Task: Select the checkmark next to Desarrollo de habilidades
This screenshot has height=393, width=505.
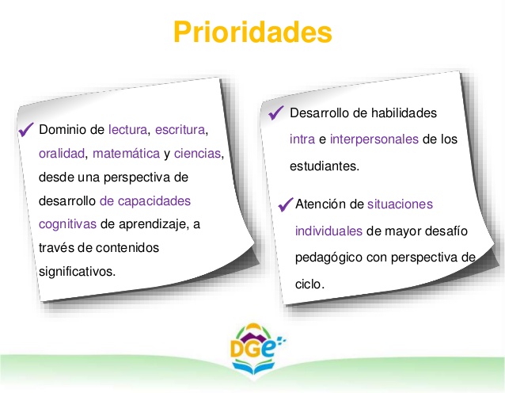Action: click(276, 113)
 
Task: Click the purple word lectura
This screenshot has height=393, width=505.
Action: click(128, 129)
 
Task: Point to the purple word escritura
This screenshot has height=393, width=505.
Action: click(180, 129)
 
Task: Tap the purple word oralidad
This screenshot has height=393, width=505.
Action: click(61, 153)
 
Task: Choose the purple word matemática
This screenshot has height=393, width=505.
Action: click(126, 153)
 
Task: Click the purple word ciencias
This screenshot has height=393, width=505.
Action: click(198, 153)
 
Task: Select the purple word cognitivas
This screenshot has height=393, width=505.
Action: click(67, 224)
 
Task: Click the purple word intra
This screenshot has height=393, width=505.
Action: click(302, 139)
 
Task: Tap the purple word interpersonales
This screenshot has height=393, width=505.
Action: click(374, 139)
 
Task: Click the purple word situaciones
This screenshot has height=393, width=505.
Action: click(400, 204)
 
